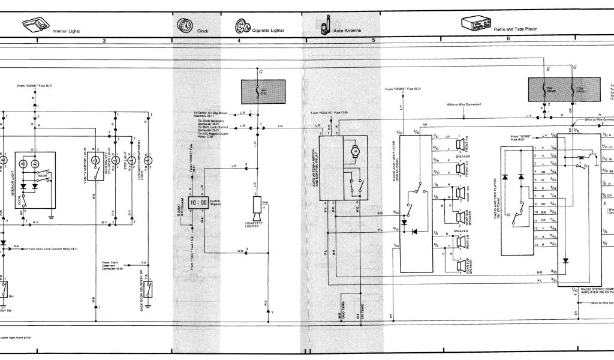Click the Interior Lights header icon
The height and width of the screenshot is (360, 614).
34,25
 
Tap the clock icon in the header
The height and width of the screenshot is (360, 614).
183,27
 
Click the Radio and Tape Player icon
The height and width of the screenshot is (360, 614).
474,24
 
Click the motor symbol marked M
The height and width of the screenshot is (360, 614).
354,152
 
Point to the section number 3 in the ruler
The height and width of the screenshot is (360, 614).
104,40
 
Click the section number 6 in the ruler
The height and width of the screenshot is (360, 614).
508,38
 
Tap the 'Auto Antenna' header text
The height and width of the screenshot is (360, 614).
348,30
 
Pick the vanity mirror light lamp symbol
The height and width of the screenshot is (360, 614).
94,160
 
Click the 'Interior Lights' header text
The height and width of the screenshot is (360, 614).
66,31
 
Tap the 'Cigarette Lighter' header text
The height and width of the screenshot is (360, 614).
268,30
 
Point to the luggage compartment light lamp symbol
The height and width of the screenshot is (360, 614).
148,160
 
